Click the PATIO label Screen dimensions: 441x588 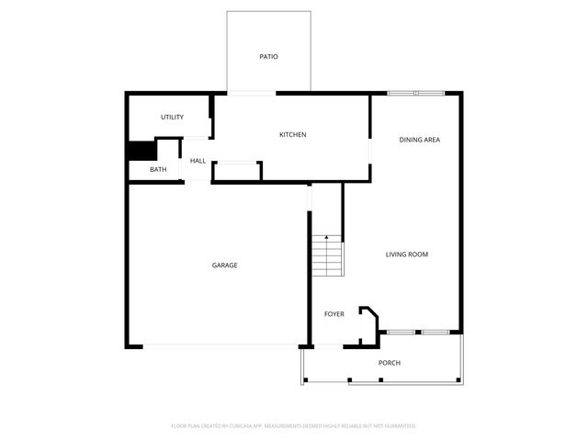pos(268,57)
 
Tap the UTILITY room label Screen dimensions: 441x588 pos(173,117)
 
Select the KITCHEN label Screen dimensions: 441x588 pos(293,135)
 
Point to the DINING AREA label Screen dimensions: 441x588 pos(419,140)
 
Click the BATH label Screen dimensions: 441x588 pos(159,169)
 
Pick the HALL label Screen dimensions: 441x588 pos(198,161)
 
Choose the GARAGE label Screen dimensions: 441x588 pos(225,265)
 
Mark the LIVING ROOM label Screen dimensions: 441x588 pos(406,254)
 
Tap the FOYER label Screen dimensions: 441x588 pos(334,314)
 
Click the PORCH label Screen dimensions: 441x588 pos(390,363)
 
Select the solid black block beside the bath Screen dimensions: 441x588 pos(141,152)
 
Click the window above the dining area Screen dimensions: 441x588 pos(415,93)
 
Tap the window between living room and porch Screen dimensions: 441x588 pos(417,331)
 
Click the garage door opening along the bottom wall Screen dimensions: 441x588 pos(220,345)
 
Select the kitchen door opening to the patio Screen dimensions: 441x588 pos(250,93)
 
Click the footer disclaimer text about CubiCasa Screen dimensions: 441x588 pos(294,425)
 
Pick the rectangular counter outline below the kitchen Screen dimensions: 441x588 pos(237,171)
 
